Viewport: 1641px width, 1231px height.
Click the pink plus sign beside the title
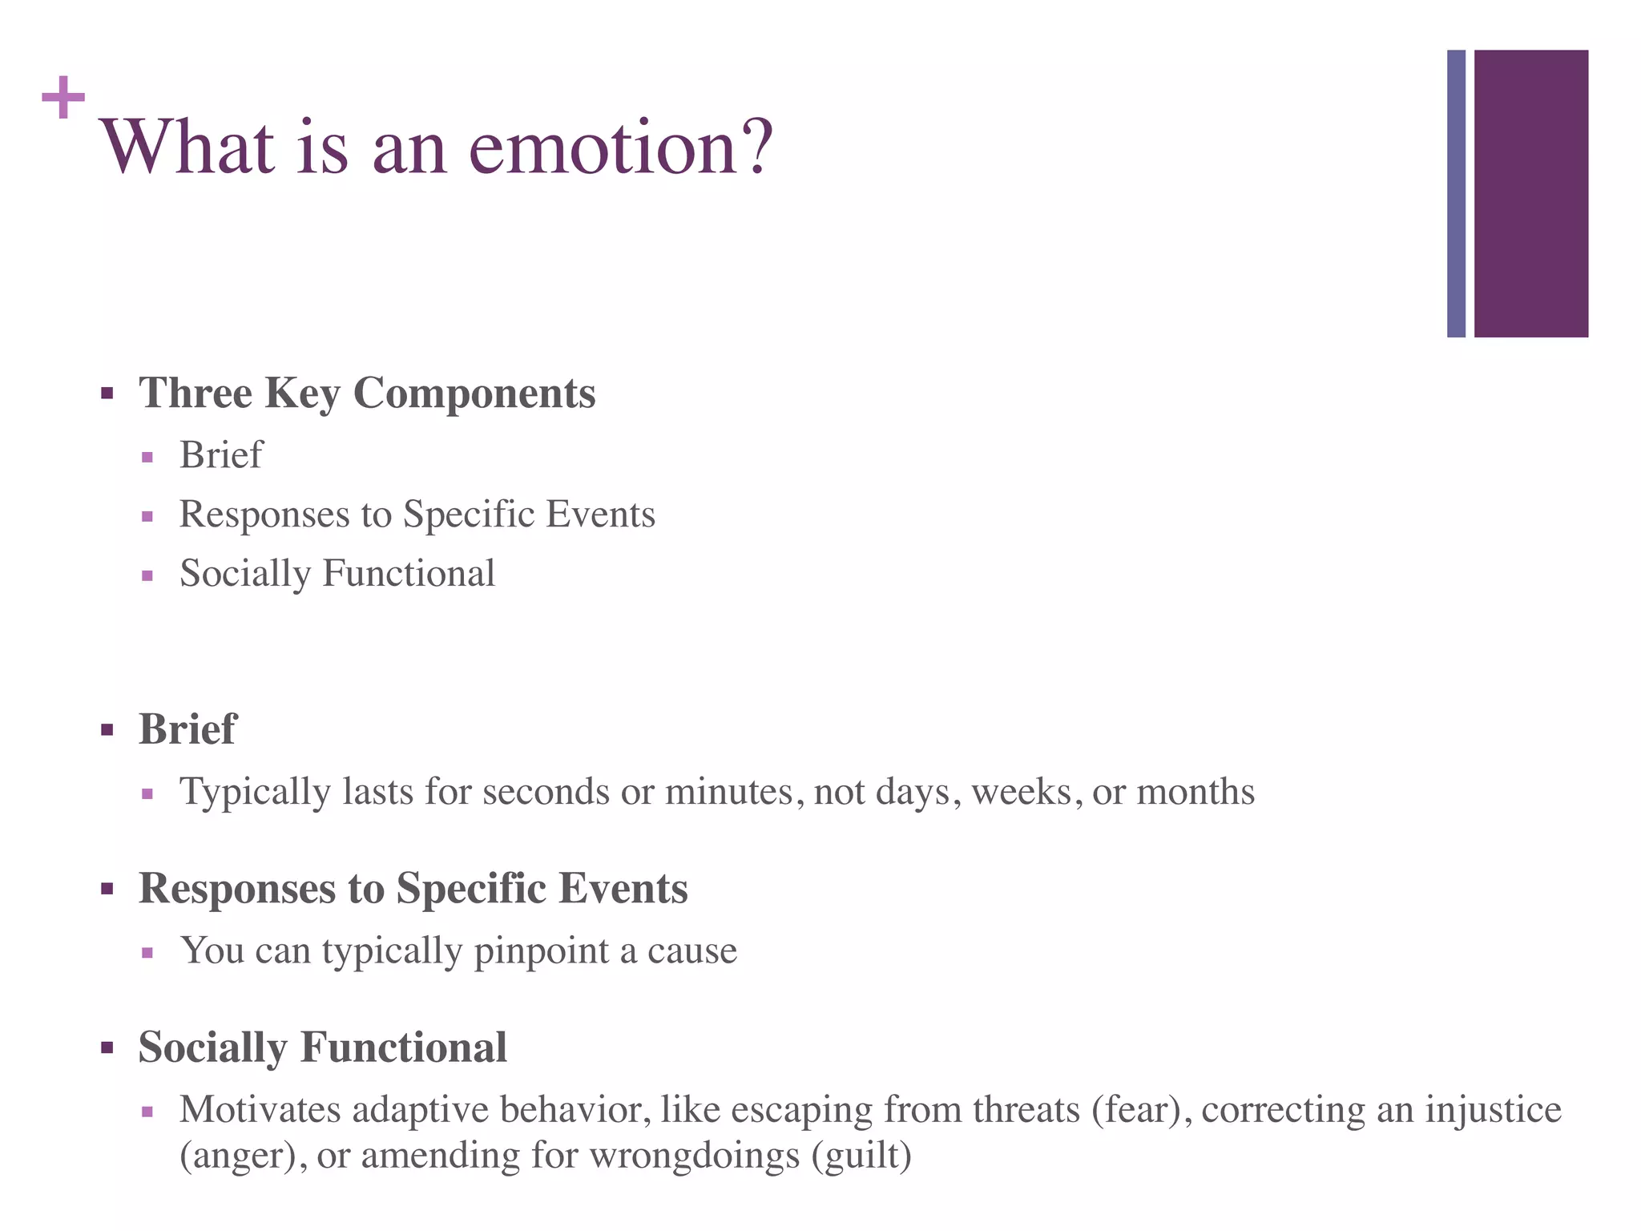click(63, 98)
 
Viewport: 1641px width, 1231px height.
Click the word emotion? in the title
click(621, 147)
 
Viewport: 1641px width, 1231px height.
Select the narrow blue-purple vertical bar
click(1456, 193)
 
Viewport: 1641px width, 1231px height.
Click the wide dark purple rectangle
click(1530, 193)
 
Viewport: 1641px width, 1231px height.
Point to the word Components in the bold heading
click(474, 394)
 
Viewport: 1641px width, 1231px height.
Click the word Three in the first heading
click(196, 394)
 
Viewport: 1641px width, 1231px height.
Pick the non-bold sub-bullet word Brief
click(220, 455)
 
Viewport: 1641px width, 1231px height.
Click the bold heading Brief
click(187, 729)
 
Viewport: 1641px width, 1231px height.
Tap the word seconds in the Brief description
click(547, 792)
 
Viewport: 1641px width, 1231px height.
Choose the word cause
click(692, 951)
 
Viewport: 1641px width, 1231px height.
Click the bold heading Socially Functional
click(322, 1047)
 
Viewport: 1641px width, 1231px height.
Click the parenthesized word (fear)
click(1136, 1110)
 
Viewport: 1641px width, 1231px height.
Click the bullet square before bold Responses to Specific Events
click(107, 889)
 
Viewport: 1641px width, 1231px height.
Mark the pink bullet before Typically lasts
click(147, 794)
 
